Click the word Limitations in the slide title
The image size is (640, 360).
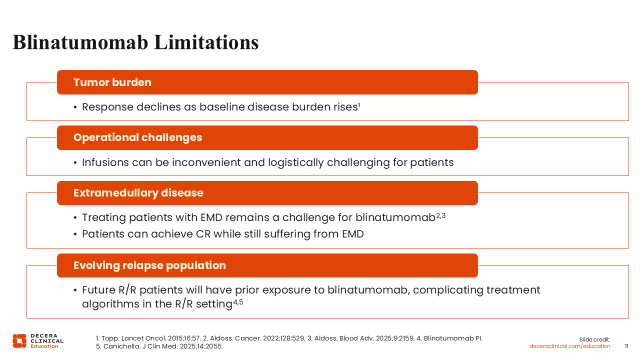(x=206, y=42)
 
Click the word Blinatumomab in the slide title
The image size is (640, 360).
(x=80, y=42)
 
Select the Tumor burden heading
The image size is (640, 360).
(x=112, y=82)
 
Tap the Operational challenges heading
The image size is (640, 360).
(x=137, y=137)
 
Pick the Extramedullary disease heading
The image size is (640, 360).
(x=138, y=193)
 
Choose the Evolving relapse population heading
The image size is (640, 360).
(x=149, y=265)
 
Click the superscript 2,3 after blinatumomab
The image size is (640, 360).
(x=440, y=215)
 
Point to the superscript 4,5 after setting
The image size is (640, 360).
(x=238, y=302)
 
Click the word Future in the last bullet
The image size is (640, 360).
(x=98, y=290)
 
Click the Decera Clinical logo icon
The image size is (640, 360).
(x=19, y=341)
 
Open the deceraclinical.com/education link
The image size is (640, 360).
(x=569, y=346)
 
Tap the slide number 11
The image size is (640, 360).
(x=626, y=346)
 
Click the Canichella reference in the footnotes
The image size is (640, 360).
(x=159, y=346)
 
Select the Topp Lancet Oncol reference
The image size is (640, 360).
(x=148, y=338)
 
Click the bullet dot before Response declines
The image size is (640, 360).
(x=75, y=107)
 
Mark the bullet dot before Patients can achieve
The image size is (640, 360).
(x=75, y=234)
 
